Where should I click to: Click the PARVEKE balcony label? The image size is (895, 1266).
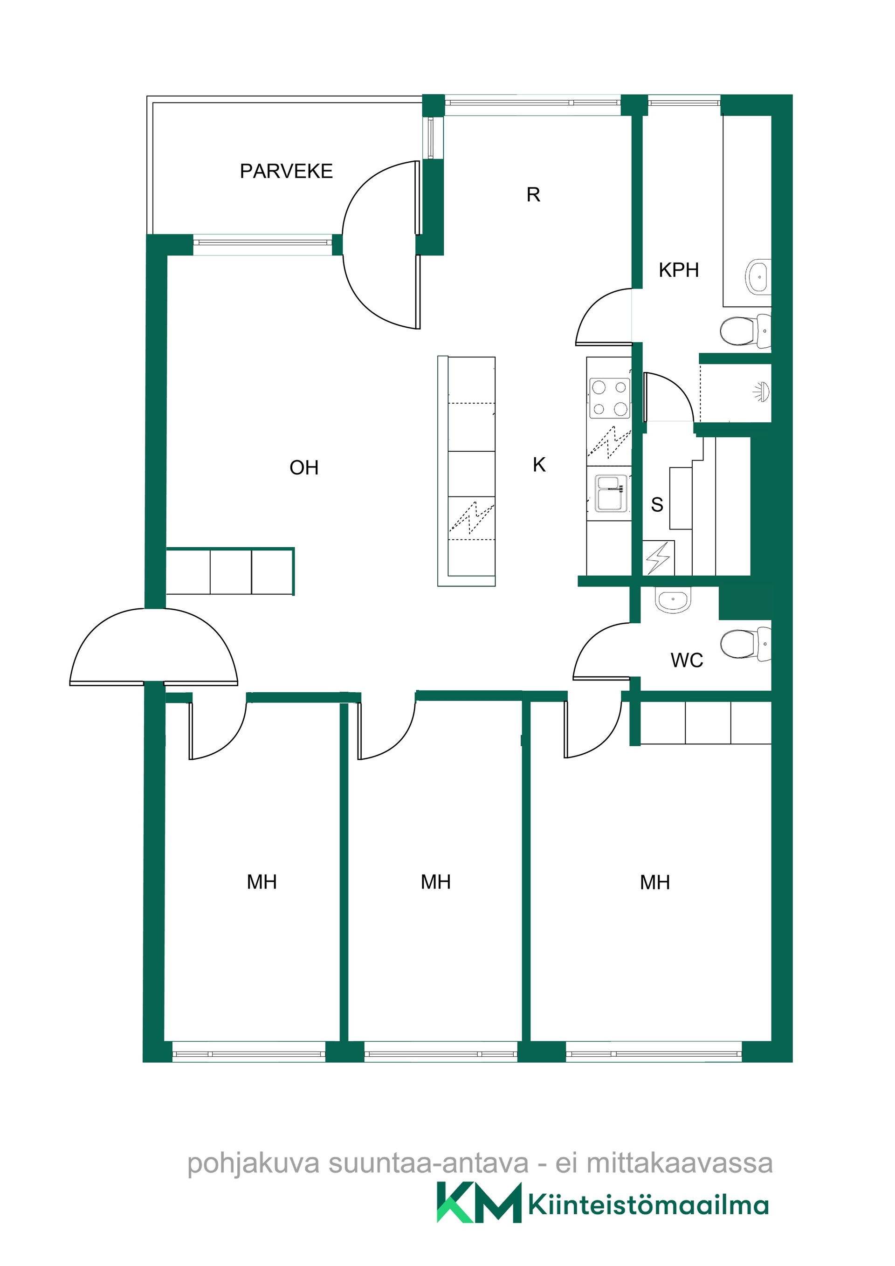[x=286, y=172]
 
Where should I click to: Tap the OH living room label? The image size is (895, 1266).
[x=304, y=468]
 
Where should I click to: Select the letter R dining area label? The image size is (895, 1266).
[x=533, y=195]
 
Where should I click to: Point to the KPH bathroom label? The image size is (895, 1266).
[x=679, y=270]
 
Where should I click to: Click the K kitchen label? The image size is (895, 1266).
[x=539, y=465]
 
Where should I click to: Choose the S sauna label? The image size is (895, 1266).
[x=657, y=504]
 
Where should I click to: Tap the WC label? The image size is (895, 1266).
[x=687, y=660]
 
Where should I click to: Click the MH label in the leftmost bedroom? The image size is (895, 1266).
[x=262, y=882]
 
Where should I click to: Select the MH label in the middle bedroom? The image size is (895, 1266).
[x=436, y=882]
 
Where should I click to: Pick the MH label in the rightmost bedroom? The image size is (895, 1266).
[x=654, y=883]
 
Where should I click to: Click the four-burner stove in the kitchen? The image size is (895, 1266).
[x=609, y=398]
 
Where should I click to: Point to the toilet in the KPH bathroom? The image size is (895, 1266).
[x=745, y=331]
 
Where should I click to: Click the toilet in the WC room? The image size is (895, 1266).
[x=745, y=644]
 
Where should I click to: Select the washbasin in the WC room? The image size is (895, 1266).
[x=673, y=599]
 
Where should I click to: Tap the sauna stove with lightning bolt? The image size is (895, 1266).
[x=658, y=557]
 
